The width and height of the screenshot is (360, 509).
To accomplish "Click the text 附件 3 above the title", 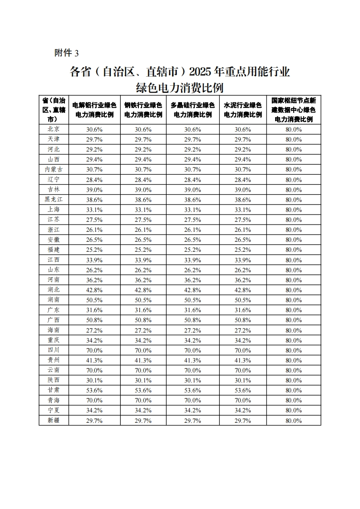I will click(66, 53).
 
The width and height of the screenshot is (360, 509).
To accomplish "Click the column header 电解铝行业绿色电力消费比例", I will click(94, 110).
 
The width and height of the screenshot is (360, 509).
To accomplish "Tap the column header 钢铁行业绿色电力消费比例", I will click(143, 110).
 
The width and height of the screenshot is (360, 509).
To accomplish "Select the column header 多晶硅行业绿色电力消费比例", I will click(192, 110).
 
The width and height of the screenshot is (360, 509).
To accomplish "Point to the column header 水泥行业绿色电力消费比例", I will click(243, 110).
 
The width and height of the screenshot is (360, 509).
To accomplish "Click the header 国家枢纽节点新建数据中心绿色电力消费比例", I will click(293, 110).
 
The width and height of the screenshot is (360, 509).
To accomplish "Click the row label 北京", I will click(54, 129).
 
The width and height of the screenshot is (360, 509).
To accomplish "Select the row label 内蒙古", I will click(54, 169).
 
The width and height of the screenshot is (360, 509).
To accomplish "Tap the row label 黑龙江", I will click(54, 200).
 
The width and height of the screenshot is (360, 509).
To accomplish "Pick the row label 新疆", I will click(54, 421).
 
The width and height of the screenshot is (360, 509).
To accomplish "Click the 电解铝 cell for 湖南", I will click(94, 300).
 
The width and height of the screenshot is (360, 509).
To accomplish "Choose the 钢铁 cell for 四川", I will click(143, 350).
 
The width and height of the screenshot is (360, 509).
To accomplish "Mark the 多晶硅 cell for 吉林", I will click(192, 190).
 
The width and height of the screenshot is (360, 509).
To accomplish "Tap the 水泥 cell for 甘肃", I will click(243, 390).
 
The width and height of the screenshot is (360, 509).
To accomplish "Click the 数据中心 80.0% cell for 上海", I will click(293, 210).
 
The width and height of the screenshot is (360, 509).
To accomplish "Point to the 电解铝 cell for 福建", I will click(94, 250).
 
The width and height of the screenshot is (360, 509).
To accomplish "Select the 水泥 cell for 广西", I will click(243, 320).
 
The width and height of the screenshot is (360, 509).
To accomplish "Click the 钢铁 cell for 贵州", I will click(143, 360).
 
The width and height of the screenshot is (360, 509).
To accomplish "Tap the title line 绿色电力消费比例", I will click(180, 87).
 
